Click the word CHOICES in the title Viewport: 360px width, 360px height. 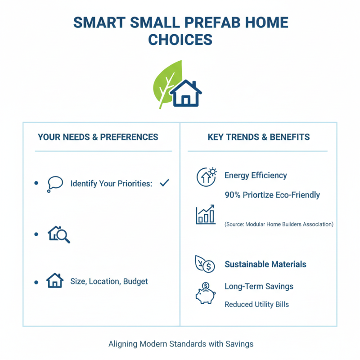pyautogui.click(x=180, y=40)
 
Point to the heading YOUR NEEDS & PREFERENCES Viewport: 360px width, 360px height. pyautogui.click(x=98, y=137)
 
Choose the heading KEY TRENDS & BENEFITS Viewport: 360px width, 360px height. pyautogui.click(x=259, y=137)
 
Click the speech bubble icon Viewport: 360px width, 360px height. pyautogui.click(x=55, y=184)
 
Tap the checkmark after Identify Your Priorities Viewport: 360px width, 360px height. pyautogui.click(x=164, y=183)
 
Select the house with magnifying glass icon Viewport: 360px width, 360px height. pyautogui.click(x=59, y=234)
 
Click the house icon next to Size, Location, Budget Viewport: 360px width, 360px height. pyautogui.click(x=55, y=281)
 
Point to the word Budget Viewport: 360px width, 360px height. pyautogui.click(x=135, y=281)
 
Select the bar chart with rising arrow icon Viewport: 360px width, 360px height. pyautogui.click(x=206, y=215)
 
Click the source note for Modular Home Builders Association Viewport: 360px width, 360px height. pyautogui.click(x=279, y=224)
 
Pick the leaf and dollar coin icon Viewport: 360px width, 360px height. pyautogui.click(x=204, y=264)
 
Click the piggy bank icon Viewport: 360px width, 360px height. pyautogui.click(x=205, y=293)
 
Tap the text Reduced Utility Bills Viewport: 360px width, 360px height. pyautogui.click(x=256, y=305)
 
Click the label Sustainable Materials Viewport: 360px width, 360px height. pyautogui.click(x=265, y=265)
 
